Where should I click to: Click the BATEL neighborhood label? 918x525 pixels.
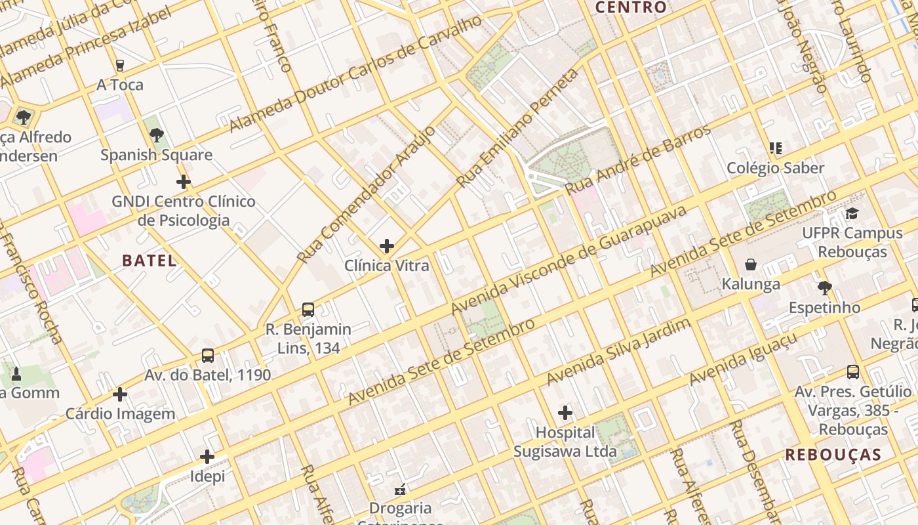150,261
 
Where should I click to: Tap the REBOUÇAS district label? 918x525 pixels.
833,455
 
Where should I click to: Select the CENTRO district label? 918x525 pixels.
631,8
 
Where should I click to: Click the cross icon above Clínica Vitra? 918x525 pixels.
387,246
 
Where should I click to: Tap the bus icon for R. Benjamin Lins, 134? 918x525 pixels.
308,310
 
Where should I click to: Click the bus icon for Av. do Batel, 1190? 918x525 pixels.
208,356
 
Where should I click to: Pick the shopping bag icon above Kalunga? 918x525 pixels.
751,264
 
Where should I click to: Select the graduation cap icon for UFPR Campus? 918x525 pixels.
852,213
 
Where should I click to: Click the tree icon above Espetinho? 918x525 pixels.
825,287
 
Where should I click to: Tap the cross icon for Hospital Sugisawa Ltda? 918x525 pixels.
565,413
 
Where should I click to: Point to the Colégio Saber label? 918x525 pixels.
776,168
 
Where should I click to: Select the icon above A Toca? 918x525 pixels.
119,65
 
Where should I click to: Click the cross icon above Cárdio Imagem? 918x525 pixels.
120,394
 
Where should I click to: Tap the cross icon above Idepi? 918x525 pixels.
207,457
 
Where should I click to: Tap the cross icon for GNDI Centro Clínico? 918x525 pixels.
184,182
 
